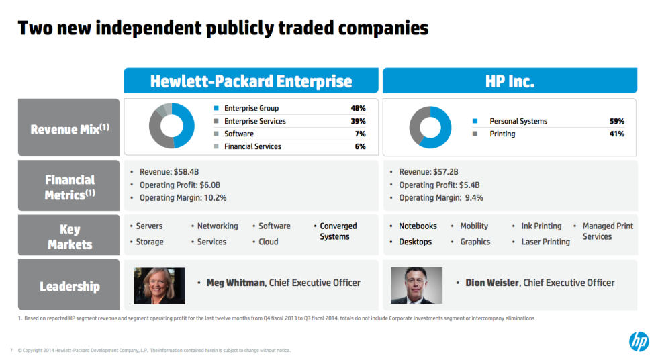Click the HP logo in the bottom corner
[x=639, y=341]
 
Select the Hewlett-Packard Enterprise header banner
[x=251, y=81]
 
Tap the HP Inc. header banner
[x=510, y=81]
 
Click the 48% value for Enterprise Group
[x=358, y=108]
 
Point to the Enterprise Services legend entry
[x=254, y=121]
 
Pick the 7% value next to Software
[x=360, y=134]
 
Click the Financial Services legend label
[x=252, y=146]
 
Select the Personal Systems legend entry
[x=518, y=121]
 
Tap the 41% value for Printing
[x=616, y=134]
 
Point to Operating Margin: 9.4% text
[x=440, y=198]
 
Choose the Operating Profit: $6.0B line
[x=179, y=185]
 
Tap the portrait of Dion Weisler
[x=416, y=285]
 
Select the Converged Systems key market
[x=338, y=231]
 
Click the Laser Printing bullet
[x=545, y=242]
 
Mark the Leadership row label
[x=70, y=287]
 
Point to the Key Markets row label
[x=70, y=237]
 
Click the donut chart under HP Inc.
[x=430, y=127]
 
